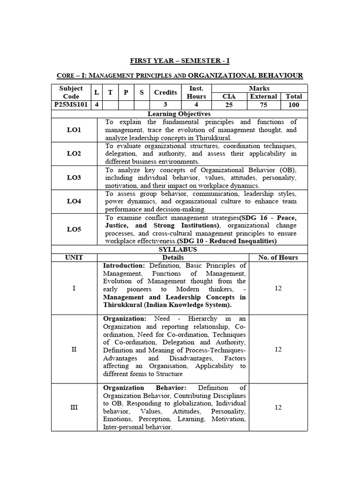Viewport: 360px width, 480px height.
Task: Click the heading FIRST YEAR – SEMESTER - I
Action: (x=180, y=61)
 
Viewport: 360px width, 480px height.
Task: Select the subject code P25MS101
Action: (x=71, y=105)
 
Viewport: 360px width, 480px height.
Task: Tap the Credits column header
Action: (x=165, y=92)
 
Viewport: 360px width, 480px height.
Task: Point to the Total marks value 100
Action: (x=293, y=105)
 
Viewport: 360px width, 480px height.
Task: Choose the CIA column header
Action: (x=229, y=97)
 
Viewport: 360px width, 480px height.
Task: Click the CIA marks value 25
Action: (x=229, y=105)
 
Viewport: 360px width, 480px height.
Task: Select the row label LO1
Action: (x=74, y=130)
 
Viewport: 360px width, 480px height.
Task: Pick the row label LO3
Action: (x=74, y=178)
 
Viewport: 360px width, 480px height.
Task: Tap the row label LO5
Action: (x=74, y=229)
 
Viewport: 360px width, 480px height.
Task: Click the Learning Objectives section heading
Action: (x=180, y=113)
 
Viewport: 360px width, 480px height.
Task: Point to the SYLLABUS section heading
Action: (x=180, y=249)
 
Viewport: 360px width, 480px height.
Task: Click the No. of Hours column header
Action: (x=278, y=257)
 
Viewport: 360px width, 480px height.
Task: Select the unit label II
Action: (x=74, y=349)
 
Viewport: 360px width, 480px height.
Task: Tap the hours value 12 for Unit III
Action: (x=278, y=407)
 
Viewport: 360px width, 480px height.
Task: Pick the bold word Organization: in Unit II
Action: (x=125, y=319)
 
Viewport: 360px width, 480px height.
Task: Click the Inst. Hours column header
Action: (x=196, y=92)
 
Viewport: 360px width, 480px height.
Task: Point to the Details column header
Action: (x=172, y=257)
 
